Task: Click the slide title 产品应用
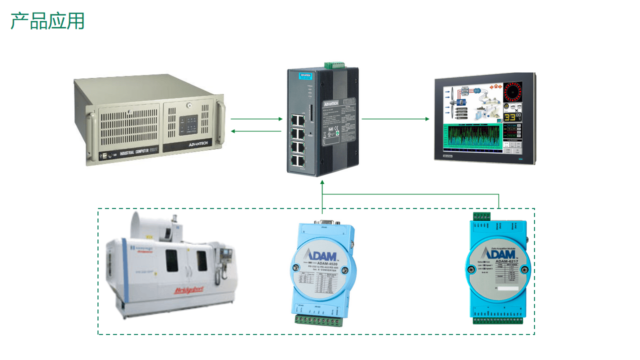coord(47,21)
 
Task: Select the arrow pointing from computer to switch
coord(256,119)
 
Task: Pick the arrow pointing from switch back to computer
coord(256,131)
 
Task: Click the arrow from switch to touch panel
coord(395,119)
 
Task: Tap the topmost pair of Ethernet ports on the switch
coord(298,119)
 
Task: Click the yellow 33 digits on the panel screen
coord(509,117)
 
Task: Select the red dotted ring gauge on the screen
coord(512,92)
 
